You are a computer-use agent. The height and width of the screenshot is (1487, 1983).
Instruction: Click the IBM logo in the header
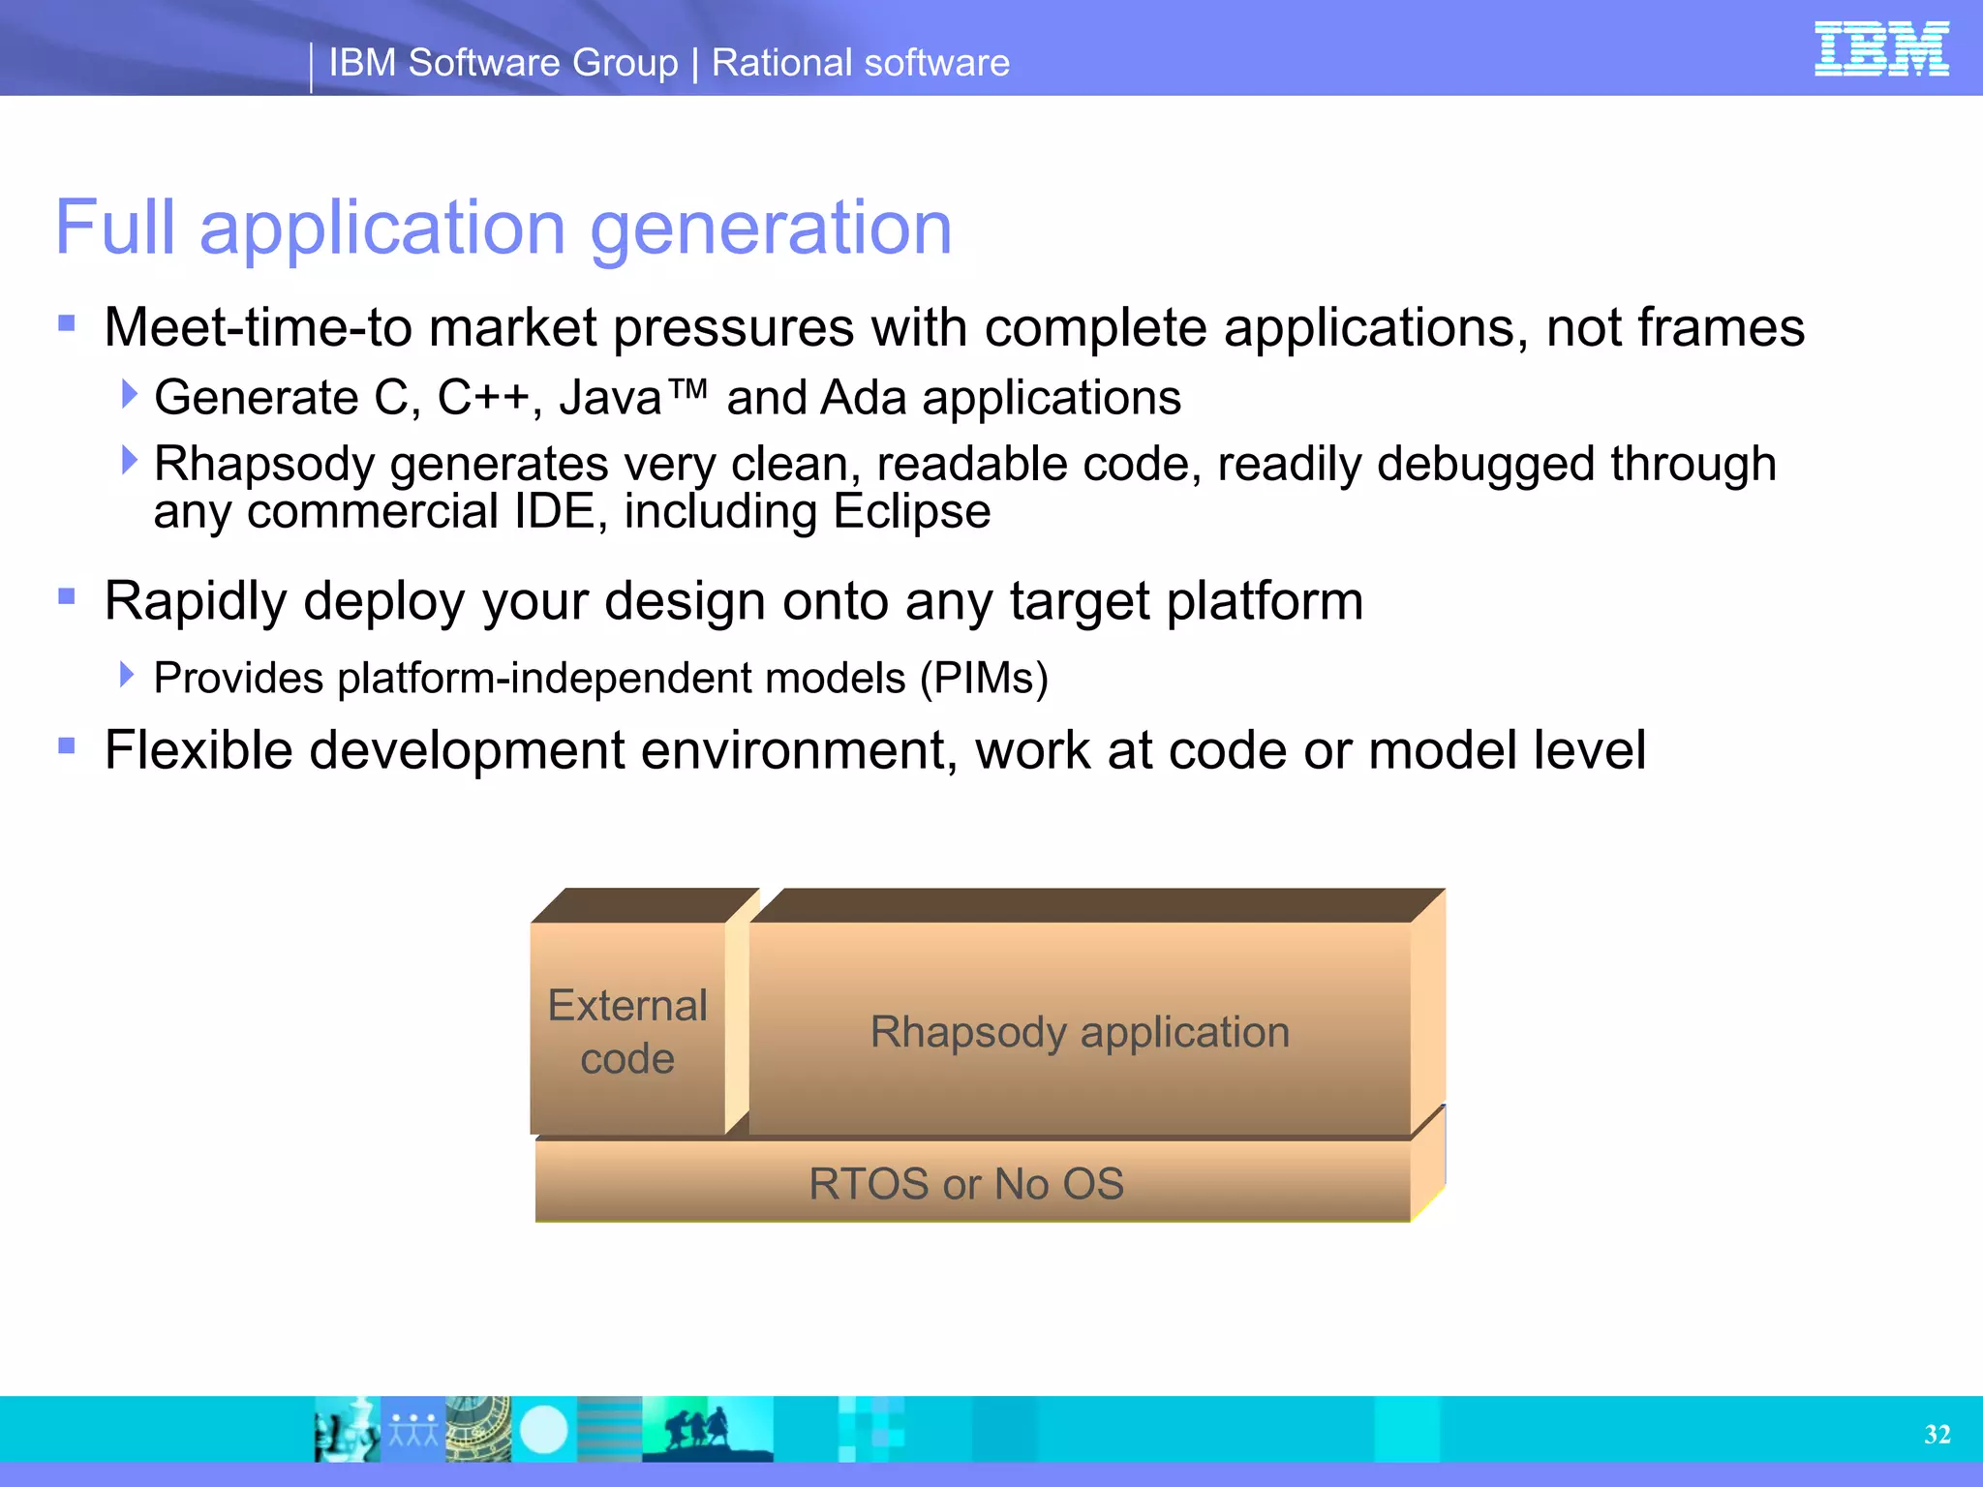click(x=1880, y=48)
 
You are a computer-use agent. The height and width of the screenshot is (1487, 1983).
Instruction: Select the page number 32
click(x=1937, y=1434)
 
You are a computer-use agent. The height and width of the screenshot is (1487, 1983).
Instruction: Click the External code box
click(x=627, y=1031)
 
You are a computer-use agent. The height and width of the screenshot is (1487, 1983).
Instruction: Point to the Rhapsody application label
click(x=1080, y=1032)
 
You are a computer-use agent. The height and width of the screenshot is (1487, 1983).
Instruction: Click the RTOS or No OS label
click(x=966, y=1184)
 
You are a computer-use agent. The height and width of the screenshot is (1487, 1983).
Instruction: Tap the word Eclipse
click(x=911, y=511)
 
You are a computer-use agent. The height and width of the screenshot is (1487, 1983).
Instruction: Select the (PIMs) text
click(x=984, y=678)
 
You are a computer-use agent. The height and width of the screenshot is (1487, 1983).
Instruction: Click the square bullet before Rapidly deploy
click(x=67, y=596)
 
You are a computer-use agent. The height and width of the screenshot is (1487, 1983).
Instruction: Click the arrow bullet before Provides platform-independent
click(x=127, y=674)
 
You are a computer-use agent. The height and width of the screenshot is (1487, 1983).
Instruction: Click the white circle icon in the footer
click(x=543, y=1429)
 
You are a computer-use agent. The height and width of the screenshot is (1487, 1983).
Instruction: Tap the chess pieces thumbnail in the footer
click(x=347, y=1429)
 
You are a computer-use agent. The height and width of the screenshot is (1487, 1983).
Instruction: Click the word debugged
click(x=1485, y=465)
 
